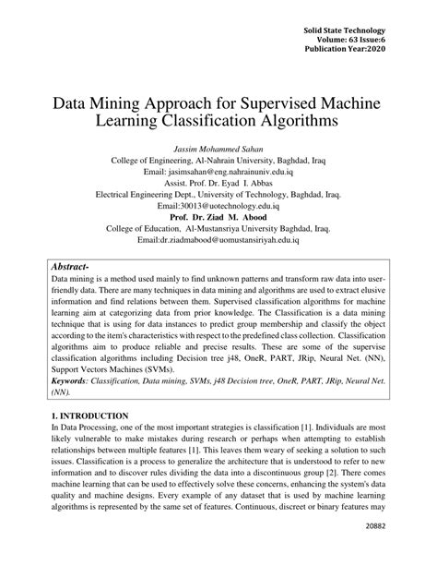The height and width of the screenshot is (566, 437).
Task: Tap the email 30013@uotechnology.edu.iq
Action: click(218, 207)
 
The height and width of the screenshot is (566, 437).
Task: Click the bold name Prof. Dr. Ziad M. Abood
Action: click(218, 219)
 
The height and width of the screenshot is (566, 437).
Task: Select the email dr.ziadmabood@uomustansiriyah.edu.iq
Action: click(218, 243)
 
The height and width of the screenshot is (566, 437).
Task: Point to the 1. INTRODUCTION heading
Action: click(90, 416)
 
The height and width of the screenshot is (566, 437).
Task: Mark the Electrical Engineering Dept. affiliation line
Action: click(218, 195)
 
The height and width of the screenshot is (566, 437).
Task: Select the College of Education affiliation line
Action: click(218, 231)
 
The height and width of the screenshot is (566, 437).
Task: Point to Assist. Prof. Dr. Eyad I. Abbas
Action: click(218, 183)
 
